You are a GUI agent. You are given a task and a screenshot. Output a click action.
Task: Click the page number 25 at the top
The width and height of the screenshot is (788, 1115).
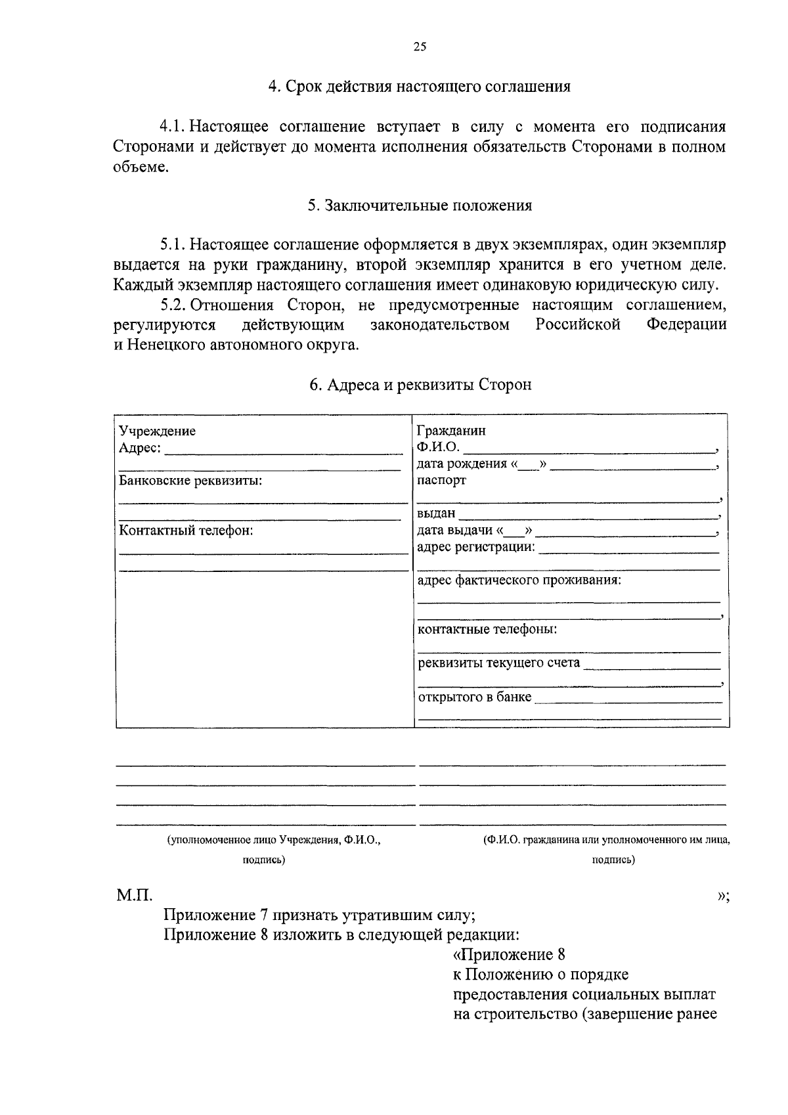(420, 46)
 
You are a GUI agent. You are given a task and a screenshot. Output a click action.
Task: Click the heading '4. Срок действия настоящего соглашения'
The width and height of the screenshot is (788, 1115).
(420, 87)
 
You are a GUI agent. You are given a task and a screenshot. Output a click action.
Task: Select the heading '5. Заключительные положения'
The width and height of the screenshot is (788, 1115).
(420, 206)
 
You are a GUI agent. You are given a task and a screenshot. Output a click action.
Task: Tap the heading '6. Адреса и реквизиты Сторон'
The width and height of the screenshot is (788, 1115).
(420, 385)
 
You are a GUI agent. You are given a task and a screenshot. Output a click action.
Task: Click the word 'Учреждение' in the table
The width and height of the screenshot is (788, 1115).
(157, 431)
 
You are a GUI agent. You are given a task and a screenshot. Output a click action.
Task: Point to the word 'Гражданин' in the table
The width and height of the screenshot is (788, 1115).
(452, 431)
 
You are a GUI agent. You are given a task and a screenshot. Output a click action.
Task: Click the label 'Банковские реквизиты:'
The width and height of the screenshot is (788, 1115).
(190, 481)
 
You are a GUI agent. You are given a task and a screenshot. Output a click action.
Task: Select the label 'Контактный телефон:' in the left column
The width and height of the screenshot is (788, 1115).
(186, 531)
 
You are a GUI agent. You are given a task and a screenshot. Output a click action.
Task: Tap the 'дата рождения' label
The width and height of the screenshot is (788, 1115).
(462, 464)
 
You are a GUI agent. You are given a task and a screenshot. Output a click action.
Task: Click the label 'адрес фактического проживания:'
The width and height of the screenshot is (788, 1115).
(519, 580)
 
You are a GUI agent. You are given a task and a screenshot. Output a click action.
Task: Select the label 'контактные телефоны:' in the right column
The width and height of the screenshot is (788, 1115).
(487, 630)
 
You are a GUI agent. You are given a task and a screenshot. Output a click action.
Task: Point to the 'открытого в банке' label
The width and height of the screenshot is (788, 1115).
(475, 697)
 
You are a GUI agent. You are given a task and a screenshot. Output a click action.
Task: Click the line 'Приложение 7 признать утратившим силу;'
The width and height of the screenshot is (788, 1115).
(319, 915)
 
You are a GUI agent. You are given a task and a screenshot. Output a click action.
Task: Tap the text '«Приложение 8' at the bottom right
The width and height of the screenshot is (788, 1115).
(509, 954)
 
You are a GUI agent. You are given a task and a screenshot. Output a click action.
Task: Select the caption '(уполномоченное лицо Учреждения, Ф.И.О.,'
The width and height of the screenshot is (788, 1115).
(274, 840)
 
